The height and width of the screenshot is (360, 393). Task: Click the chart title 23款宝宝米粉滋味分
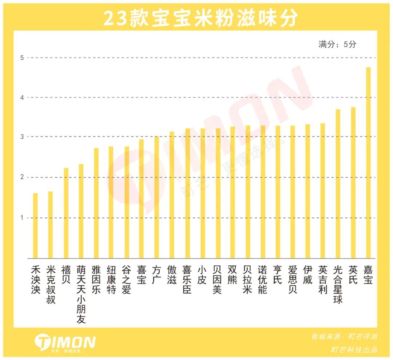pyautogui.click(x=201, y=18)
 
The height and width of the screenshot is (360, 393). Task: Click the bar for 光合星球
pyautogui.click(x=338, y=184)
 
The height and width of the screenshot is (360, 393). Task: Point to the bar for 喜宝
pyautogui.click(x=141, y=199)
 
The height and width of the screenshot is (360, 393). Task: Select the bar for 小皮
pyautogui.click(x=202, y=193)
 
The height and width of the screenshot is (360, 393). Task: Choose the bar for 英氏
pyautogui.click(x=353, y=183)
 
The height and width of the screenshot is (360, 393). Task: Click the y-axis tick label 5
pyautogui.click(x=22, y=58)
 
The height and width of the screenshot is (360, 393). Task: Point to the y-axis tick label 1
pyautogui.click(x=22, y=218)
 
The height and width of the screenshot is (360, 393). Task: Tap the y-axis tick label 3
pyautogui.click(x=22, y=137)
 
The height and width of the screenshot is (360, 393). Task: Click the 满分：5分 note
pyautogui.click(x=337, y=44)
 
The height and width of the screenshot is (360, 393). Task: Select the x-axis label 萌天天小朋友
pyautogui.click(x=81, y=294)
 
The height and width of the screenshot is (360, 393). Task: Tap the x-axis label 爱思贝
pyautogui.click(x=293, y=280)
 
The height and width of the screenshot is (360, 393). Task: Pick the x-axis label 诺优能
pyautogui.click(x=262, y=280)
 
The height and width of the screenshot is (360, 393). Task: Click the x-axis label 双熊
pyautogui.click(x=232, y=275)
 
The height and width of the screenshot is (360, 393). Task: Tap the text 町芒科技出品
pyautogui.click(x=354, y=350)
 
